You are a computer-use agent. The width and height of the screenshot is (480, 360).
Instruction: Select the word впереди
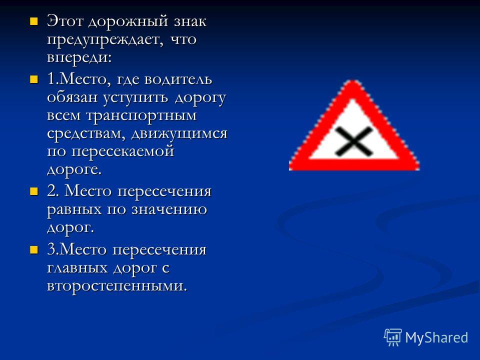[x=79, y=57]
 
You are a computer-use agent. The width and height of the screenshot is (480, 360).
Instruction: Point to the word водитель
[x=177, y=79]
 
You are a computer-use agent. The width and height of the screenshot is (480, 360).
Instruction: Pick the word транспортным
[x=141, y=116]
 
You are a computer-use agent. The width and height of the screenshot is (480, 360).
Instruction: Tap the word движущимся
[x=179, y=134]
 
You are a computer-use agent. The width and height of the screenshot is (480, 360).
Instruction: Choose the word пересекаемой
[x=123, y=152]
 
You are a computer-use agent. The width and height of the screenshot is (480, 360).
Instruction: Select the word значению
[x=169, y=209]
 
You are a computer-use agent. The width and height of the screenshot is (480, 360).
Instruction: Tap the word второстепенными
[x=117, y=286]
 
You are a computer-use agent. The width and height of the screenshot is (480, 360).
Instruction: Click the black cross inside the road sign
[x=353, y=141]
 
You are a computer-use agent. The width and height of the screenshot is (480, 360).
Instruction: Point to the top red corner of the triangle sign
[x=354, y=81]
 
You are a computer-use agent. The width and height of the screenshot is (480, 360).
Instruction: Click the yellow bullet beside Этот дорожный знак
[x=33, y=21]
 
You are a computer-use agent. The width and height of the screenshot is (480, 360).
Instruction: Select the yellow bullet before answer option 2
[x=33, y=191]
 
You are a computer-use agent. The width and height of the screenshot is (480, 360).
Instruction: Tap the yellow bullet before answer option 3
[x=33, y=250]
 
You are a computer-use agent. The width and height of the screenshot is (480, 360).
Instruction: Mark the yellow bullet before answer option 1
[x=33, y=80]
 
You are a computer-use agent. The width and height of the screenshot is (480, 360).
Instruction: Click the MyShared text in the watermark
[x=436, y=338]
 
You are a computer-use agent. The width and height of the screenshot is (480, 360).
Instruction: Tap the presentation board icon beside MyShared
[x=393, y=337]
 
